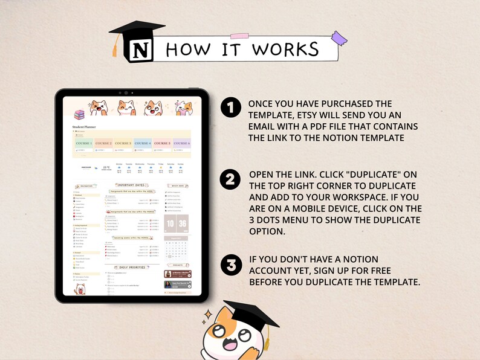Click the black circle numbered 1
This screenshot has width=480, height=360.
(x=230, y=109)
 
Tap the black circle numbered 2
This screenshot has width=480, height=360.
(x=230, y=180)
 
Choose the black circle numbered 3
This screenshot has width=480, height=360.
(x=230, y=265)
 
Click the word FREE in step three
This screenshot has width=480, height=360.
(x=378, y=271)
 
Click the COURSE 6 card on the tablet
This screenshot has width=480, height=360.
(x=181, y=144)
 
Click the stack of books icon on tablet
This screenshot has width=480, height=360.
(x=79, y=115)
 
